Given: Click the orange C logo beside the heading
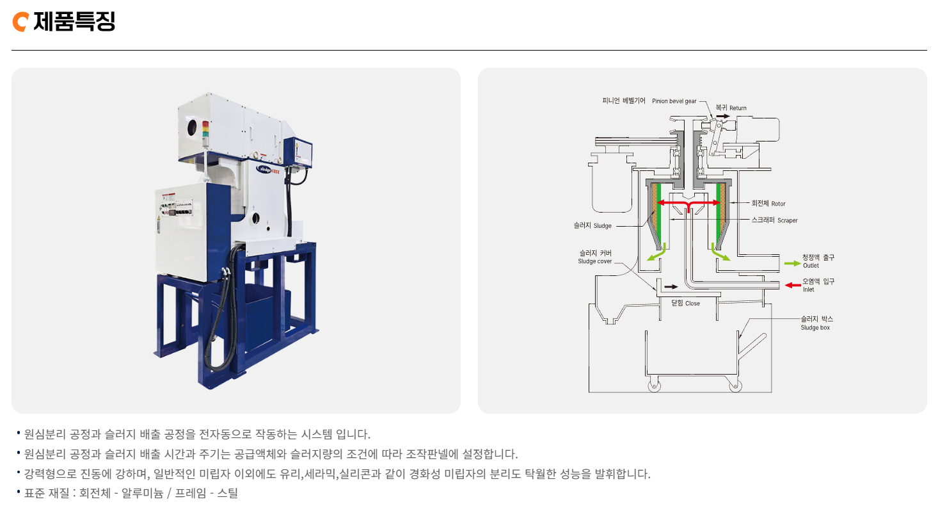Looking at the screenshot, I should click(x=20, y=22).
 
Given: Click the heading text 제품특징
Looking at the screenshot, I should click(x=74, y=22).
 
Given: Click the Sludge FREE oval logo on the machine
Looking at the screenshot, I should click(x=268, y=169).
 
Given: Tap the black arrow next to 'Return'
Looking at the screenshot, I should click(x=722, y=115).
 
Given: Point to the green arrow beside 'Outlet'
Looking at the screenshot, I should click(x=792, y=263).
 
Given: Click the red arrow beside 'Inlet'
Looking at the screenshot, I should click(x=793, y=284).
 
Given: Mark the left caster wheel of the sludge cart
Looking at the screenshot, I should click(x=655, y=386).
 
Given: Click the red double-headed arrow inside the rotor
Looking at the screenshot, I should click(x=688, y=204).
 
